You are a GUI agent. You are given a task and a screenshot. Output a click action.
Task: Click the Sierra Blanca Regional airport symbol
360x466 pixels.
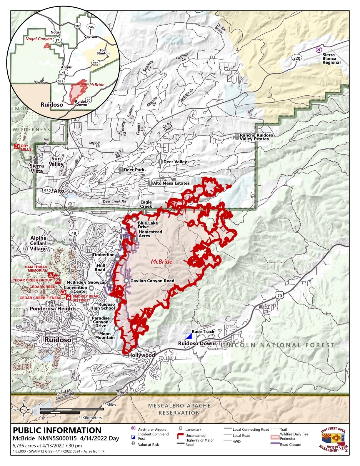(318, 49)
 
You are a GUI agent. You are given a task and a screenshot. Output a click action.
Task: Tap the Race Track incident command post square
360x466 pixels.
(189, 336)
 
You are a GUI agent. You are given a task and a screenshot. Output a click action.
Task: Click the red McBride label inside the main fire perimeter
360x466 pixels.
(161, 262)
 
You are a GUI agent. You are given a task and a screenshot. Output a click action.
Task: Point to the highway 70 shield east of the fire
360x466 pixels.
(279, 295)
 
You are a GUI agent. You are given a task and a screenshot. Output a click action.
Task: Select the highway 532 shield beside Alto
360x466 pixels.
(47, 191)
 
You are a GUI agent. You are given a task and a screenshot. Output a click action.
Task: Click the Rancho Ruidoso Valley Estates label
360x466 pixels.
(256, 137)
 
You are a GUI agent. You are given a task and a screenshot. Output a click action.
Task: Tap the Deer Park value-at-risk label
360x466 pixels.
(134, 170)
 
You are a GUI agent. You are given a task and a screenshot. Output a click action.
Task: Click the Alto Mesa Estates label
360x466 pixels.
(171, 183)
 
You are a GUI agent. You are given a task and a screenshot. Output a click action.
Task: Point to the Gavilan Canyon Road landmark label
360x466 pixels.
(152, 281)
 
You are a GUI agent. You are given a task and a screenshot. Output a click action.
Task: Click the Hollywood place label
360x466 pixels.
(141, 355)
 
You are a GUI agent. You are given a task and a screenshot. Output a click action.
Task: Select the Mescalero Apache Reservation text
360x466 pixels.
(179, 409)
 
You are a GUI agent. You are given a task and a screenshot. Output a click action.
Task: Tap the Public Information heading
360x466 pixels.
(57, 430)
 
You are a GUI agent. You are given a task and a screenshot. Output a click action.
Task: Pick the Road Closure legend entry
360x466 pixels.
(290, 445)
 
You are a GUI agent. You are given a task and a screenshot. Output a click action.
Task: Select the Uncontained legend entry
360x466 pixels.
(195, 435)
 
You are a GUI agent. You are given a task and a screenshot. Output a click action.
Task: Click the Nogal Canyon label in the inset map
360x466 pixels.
(39, 39)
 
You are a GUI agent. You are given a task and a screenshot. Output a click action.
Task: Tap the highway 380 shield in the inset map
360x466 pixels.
(78, 26)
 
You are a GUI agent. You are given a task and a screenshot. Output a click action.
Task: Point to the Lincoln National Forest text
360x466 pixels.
(278, 345)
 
